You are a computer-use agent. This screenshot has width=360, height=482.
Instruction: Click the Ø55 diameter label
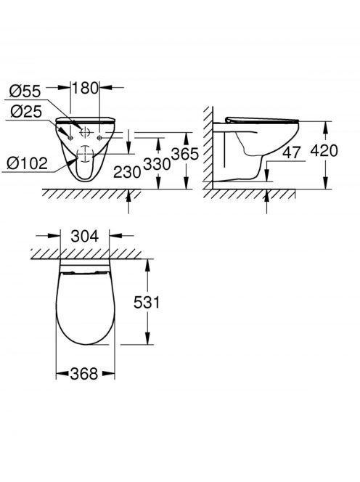pyautogui.click(x=25, y=91)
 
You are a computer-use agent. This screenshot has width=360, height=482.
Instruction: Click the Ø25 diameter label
pyautogui.click(x=26, y=111)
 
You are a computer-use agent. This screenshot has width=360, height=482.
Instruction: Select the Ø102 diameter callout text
pyautogui.click(x=28, y=163)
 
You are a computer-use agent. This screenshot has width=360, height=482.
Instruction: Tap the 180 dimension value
pyautogui.click(x=85, y=88)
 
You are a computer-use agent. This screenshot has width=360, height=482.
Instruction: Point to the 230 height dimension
pyautogui.click(x=127, y=172)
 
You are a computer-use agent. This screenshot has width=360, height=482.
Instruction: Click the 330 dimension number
pyautogui.click(x=157, y=164)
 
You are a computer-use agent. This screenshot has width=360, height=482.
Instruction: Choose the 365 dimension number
pyautogui.click(x=185, y=154)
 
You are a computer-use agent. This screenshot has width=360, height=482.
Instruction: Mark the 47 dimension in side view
pyautogui.click(x=292, y=152)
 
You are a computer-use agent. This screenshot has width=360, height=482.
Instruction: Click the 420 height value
pyautogui.click(x=324, y=151)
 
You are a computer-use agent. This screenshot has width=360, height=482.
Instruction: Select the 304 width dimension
pyautogui.click(x=84, y=236)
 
